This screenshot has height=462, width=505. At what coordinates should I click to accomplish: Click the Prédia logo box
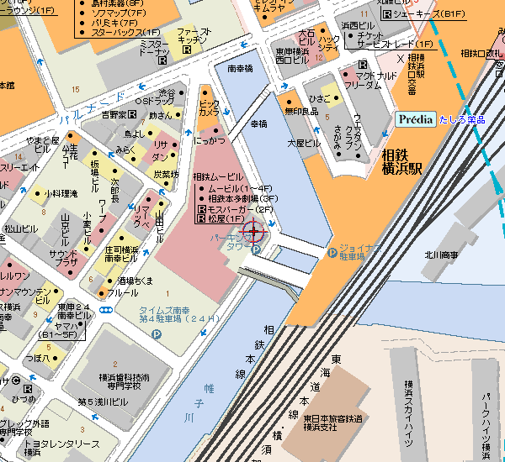tap(415, 119)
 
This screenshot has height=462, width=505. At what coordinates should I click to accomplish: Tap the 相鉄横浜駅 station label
tap(405, 159)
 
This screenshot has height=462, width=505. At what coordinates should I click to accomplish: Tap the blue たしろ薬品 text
tap(462, 120)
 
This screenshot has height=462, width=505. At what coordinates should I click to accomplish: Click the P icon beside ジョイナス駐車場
tap(332, 250)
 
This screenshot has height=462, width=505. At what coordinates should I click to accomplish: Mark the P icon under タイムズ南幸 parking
tap(155, 333)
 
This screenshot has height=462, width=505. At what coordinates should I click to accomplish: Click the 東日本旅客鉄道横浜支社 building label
tap(334, 423)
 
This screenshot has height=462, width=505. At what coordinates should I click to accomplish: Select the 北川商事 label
tap(441, 255)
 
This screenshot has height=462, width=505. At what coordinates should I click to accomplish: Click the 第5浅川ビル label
tap(103, 402)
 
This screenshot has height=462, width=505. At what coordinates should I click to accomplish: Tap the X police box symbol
tap(399, 59)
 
